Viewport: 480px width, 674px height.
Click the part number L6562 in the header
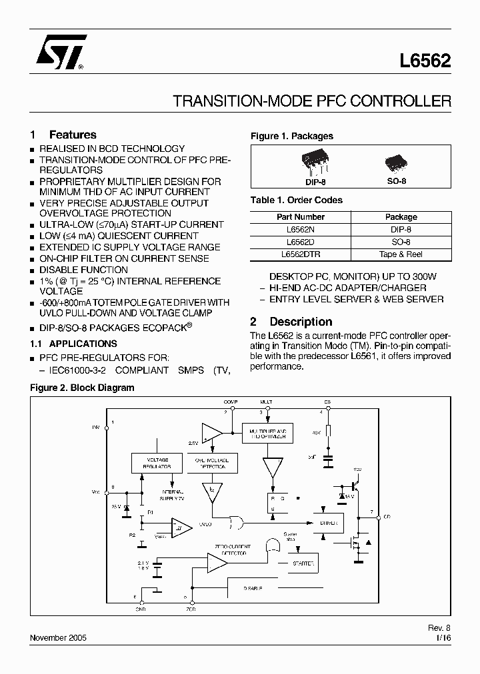tap(425, 62)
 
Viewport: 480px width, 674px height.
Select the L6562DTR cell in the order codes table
tap(300, 254)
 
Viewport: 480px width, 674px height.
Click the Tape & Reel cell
tap(401, 254)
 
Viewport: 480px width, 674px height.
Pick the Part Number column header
tap(300, 216)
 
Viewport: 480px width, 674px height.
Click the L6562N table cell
tap(300, 228)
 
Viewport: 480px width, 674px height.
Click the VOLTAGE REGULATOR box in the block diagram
tap(157, 463)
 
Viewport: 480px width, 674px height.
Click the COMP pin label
tap(231, 402)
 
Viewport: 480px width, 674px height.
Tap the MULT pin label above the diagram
tap(266, 402)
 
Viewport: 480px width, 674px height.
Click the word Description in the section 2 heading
tap(301, 322)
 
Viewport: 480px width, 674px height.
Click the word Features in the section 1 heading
tap(73, 135)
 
